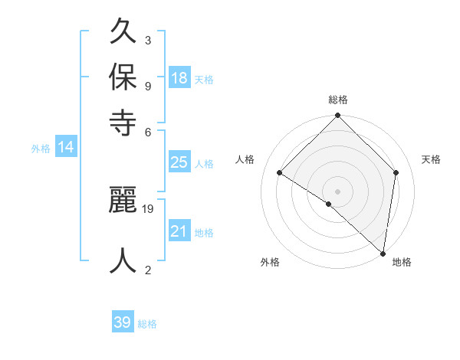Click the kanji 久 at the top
pyautogui.click(x=123, y=32)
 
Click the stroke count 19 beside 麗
pyautogui.click(x=149, y=208)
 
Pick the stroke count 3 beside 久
pyautogui.click(x=147, y=40)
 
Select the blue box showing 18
pyautogui.click(x=179, y=77)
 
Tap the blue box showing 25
pyautogui.click(x=179, y=162)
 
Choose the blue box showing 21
pyautogui.click(x=179, y=231)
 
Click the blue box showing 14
pyautogui.click(x=66, y=147)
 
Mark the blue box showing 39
pyautogui.click(x=123, y=322)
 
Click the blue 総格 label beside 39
pyautogui.click(x=147, y=324)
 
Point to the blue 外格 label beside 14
pyautogui.click(x=41, y=149)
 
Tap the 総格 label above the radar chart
pyautogui.click(x=338, y=100)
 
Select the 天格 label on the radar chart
pyautogui.click(x=432, y=159)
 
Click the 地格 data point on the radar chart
pyautogui.click(x=383, y=253)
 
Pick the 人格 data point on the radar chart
pyautogui.click(x=280, y=173)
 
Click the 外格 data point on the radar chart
pyautogui.click(x=329, y=204)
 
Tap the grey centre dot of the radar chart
pyautogui.click(x=338, y=191)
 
